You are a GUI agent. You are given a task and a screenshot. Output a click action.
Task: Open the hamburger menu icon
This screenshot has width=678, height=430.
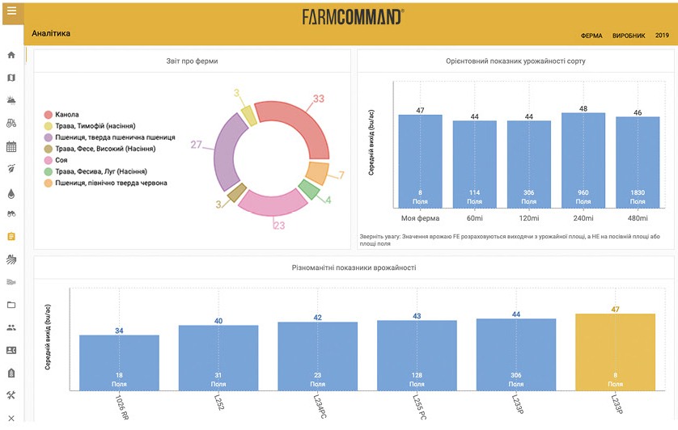11,11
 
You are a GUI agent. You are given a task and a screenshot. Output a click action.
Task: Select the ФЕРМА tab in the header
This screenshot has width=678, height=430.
591,36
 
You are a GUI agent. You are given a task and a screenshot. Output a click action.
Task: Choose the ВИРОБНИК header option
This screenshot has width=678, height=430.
629,36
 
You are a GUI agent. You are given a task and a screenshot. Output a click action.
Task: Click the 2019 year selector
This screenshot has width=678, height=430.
662,36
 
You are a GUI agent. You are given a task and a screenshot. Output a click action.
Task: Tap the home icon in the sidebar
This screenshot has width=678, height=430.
11,55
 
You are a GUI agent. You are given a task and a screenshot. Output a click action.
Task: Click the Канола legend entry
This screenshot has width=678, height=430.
68,114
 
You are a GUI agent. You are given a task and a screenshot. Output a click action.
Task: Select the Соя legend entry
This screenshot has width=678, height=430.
61,160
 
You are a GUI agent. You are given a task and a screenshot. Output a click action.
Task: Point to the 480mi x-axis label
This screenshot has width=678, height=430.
637,218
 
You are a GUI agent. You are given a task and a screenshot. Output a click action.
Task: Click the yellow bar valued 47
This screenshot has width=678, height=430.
615,348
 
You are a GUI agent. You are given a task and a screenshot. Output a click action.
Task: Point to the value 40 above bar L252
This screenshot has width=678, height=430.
218,321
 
